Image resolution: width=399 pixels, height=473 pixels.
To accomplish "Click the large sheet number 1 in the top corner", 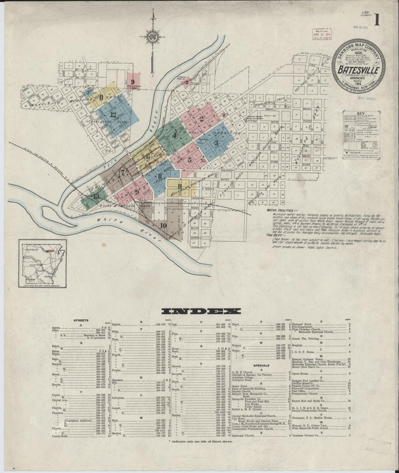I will click(377, 21).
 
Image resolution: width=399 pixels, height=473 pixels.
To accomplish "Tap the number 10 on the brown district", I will click(163, 225).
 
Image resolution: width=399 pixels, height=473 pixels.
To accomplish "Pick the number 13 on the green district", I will click(96, 196).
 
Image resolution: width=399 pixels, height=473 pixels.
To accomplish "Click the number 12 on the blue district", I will click(113, 115).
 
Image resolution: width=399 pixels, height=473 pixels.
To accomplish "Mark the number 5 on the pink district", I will click(189, 160).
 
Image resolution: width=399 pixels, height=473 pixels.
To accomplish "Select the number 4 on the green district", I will click(174, 136).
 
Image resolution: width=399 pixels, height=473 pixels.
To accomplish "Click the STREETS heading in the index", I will click(81, 321).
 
